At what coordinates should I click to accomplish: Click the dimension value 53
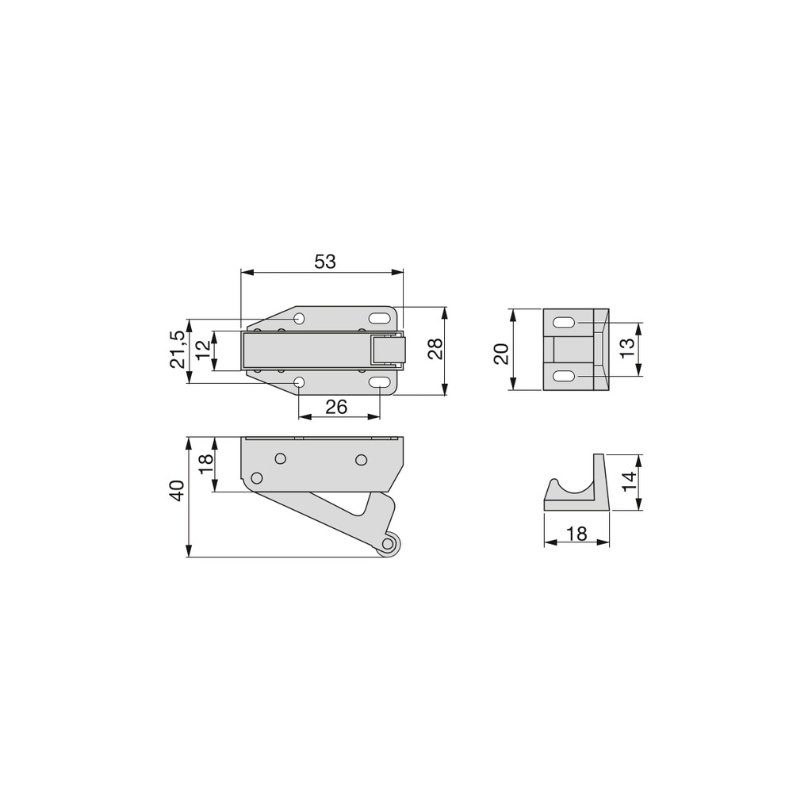325,262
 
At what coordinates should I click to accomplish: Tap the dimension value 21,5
177,349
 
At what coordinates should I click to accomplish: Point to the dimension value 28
435,349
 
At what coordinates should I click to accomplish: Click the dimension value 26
336,407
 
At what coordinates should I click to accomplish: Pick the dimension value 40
177,491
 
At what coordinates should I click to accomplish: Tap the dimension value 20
501,354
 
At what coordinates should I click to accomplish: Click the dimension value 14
628,481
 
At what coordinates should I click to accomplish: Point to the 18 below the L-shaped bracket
577,534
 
